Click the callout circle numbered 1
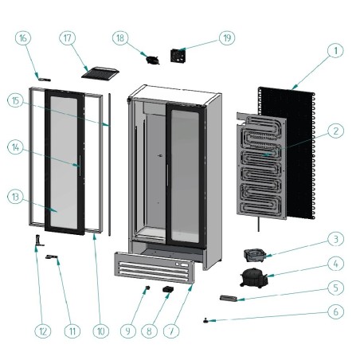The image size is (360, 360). tap(336, 50)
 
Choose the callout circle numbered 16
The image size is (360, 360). tap(23, 37)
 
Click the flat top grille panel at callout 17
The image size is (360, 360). tap(100, 72)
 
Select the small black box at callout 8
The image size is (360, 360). tap(170, 290)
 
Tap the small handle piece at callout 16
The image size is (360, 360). tap(45, 79)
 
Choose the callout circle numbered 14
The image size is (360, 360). tap(16, 147)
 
